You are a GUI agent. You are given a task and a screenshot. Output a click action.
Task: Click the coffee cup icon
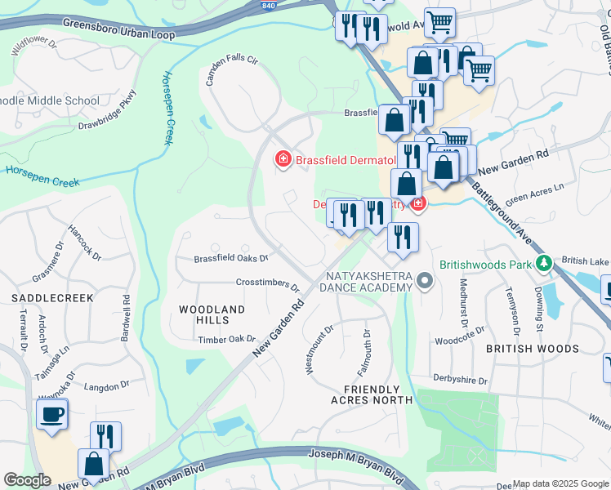tap(52, 414)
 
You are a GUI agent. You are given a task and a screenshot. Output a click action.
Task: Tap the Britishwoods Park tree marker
tap(543, 264)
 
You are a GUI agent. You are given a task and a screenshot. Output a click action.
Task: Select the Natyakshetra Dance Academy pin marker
tap(424, 282)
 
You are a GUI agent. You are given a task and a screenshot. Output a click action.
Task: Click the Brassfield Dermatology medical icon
tap(283, 158)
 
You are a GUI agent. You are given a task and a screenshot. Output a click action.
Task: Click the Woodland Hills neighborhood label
tap(212, 314)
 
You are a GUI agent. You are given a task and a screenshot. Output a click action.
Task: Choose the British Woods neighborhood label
tap(532, 348)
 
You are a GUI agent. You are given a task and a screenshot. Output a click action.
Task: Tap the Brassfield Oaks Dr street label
tap(231, 259)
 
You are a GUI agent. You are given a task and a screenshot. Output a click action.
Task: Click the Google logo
tap(27, 480)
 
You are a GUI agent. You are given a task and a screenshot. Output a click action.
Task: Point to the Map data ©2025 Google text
tap(560, 483)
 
